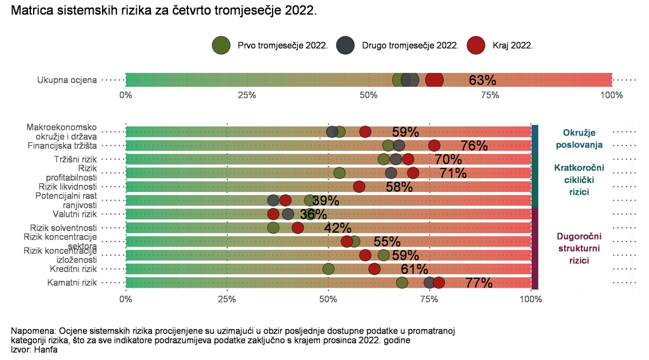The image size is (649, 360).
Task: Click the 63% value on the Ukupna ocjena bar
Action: point(482,80)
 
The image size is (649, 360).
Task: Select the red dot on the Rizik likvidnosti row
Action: point(359,186)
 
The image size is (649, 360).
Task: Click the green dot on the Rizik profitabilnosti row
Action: point(340,173)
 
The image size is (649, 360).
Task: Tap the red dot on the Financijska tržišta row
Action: point(434,146)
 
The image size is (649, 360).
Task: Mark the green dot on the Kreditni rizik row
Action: point(328,269)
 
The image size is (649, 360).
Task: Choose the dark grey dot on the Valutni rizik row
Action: point(288,214)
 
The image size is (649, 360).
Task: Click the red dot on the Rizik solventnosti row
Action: point(298,228)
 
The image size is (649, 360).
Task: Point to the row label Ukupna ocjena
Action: point(67,80)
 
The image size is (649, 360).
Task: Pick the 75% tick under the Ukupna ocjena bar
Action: point(489,95)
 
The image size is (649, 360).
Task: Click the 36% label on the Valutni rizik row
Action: point(308,214)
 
